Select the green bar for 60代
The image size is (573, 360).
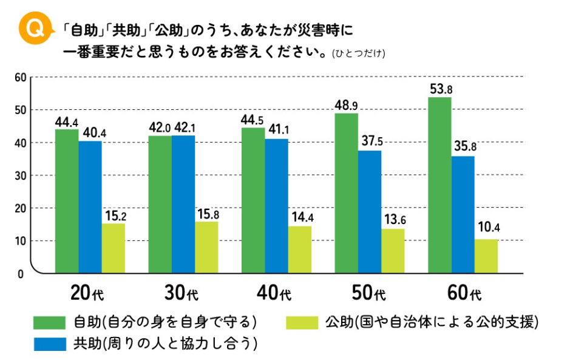coord(439,185)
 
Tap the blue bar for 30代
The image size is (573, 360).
coord(183,204)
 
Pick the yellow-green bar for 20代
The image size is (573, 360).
coord(114,248)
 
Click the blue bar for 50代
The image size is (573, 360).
coord(370,212)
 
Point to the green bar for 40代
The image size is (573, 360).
coord(253,200)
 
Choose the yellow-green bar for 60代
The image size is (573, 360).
coord(486,256)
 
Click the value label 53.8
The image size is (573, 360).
coord(441,89)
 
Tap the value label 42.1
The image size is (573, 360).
coord(183,127)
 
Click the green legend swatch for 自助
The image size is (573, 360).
coord(49,322)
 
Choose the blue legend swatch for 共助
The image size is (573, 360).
coord(49,344)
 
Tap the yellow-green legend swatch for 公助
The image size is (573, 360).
coord(302,322)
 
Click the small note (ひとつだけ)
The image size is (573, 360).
coord(359,53)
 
